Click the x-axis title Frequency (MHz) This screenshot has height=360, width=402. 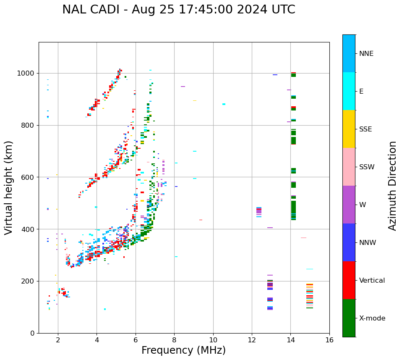point(183,350)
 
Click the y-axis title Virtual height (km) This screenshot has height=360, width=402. point(9,187)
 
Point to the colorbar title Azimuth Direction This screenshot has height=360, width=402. point(392,186)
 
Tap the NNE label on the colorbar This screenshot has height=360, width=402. point(366,54)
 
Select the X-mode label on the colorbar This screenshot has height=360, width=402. point(372,318)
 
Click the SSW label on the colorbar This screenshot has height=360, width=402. point(367,167)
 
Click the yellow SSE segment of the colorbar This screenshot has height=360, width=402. point(349,129)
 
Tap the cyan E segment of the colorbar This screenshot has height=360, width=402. point(349,91)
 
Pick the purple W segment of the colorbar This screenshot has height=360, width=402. point(349,205)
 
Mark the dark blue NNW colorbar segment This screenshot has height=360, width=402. point(349,242)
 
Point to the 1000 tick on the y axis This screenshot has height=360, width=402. point(26,73)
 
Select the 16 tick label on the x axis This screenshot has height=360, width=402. point(329,339)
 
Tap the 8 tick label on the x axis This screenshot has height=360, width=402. point(174,339)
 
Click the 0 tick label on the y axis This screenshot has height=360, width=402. point(33,333)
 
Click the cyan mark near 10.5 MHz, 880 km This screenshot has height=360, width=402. point(224,104)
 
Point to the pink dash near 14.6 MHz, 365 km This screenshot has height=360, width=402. point(303,238)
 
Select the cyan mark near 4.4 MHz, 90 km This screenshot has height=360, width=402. point(104,309)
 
